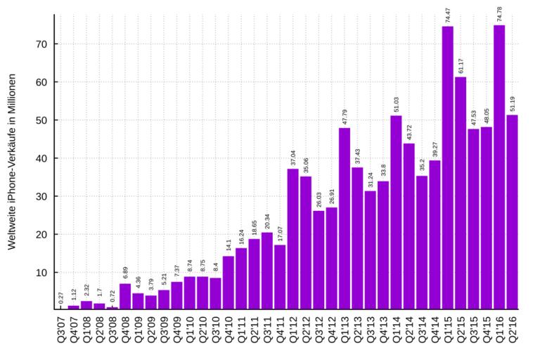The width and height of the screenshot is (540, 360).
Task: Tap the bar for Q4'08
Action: click(x=125, y=296)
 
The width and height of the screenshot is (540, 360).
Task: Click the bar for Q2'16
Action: click(x=512, y=212)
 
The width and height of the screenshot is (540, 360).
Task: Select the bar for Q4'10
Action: click(x=229, y=282)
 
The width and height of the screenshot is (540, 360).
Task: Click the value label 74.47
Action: click(x=447, y=14)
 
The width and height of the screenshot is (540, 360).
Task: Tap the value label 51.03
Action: click(x=396, y=103)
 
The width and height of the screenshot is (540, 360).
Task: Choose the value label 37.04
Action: click(x=292, y=157)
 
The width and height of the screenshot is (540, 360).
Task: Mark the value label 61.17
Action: click(x=461, y=65)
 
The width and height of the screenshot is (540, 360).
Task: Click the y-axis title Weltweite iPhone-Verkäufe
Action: click(x=12, y=162)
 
